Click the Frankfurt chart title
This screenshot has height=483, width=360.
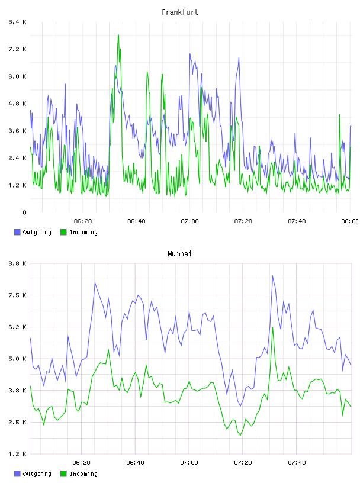[x=180, y=12]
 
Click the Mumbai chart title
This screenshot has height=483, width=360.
[x=179, y=254]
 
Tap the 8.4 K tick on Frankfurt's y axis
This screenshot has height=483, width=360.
[x=17, y=22]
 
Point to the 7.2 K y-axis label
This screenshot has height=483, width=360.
[x=17, y=49]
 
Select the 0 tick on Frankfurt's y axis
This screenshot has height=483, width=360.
[x=24, y=212]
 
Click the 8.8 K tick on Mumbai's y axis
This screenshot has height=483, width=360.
[x=17, y=263]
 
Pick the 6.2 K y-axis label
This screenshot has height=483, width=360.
[x=17, y=327]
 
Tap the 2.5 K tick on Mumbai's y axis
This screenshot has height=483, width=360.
[x=17, y=422]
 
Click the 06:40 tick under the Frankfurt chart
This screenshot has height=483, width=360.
[x=136, y=221]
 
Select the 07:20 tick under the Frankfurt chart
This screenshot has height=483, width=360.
[x=243, y=221]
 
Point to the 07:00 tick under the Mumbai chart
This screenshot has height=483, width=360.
[x=189, y=462]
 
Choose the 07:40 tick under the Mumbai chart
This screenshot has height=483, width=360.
[x=297, y=462]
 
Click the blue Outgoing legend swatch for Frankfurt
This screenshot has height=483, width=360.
[x=17, y=232]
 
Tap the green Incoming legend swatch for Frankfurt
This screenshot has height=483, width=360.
[x=63, y=232]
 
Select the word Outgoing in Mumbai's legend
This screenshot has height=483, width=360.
[x=37, y=474]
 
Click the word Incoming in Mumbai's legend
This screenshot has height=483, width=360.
[x=83, y=474]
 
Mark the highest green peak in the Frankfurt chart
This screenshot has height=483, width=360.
[x=118, y=35]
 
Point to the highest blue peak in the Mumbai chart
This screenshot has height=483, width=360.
[x=272, y=276]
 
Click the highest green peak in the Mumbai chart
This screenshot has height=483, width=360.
[x=273, y=327]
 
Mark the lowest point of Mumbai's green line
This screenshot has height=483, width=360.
[x=240, y=434]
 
